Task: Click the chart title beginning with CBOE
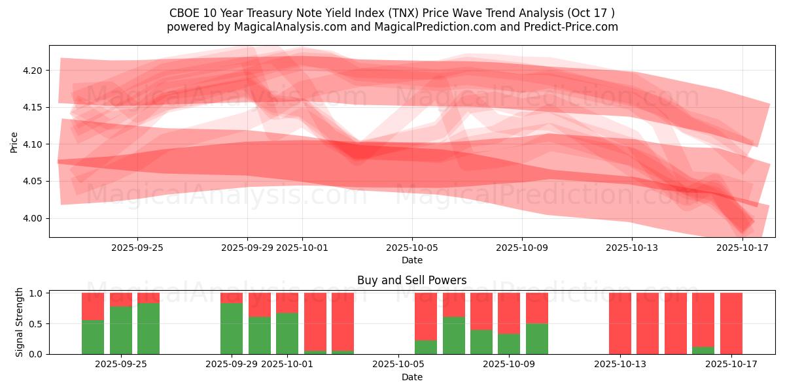(x=392, y=13)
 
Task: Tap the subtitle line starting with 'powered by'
(x=392, y=27)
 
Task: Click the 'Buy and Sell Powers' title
(x=411, y=280)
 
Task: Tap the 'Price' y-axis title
(x=14, y=142)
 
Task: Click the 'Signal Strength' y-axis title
(x=20, y=322)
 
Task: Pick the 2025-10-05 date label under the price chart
(x=411, y=248)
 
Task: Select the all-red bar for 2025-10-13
(x=619, y=323)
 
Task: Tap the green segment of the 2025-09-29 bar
(x=232, y=328)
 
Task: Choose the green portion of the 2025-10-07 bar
(x=453, y=335)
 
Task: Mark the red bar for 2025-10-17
(x=731, y=323)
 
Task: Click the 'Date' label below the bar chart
(x=411, y=377)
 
